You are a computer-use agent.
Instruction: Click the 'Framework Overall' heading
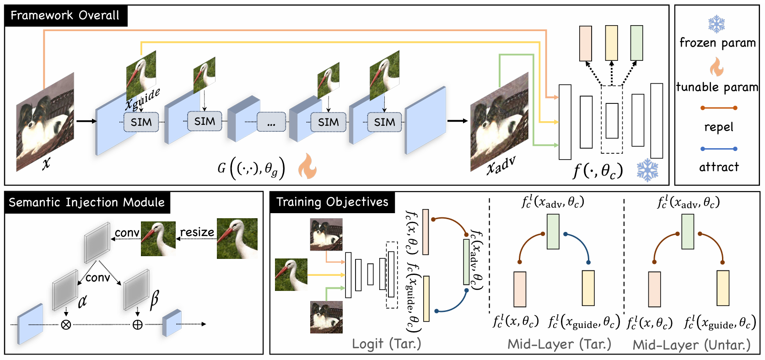coord(65,16)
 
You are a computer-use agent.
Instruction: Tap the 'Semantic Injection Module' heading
coord(86,202)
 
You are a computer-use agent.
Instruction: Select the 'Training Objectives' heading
coord(332,202)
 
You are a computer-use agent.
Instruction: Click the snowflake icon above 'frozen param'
coord(717,24)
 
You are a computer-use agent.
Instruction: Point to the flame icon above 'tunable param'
coord(717,67)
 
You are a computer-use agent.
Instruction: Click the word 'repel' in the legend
coord(718,127)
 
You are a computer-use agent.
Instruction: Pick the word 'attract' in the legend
coord(718,167)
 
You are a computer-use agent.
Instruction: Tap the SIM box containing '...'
coord(271,123)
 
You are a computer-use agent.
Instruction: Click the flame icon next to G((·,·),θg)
coord(307,166)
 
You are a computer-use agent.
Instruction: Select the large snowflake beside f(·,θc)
coord(647,170)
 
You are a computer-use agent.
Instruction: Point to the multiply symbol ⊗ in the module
coord(66,325)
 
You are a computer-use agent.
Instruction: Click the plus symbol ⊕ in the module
coord(137,325)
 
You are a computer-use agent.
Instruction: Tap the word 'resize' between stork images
coord(197,232)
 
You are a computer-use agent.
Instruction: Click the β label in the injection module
coord(154,300)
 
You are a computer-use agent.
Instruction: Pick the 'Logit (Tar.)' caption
coord(386,344)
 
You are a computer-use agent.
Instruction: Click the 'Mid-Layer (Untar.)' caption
coord(691,345)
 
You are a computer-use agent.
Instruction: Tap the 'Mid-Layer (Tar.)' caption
coord(559,344)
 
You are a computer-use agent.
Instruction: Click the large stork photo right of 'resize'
coord(237,238)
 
